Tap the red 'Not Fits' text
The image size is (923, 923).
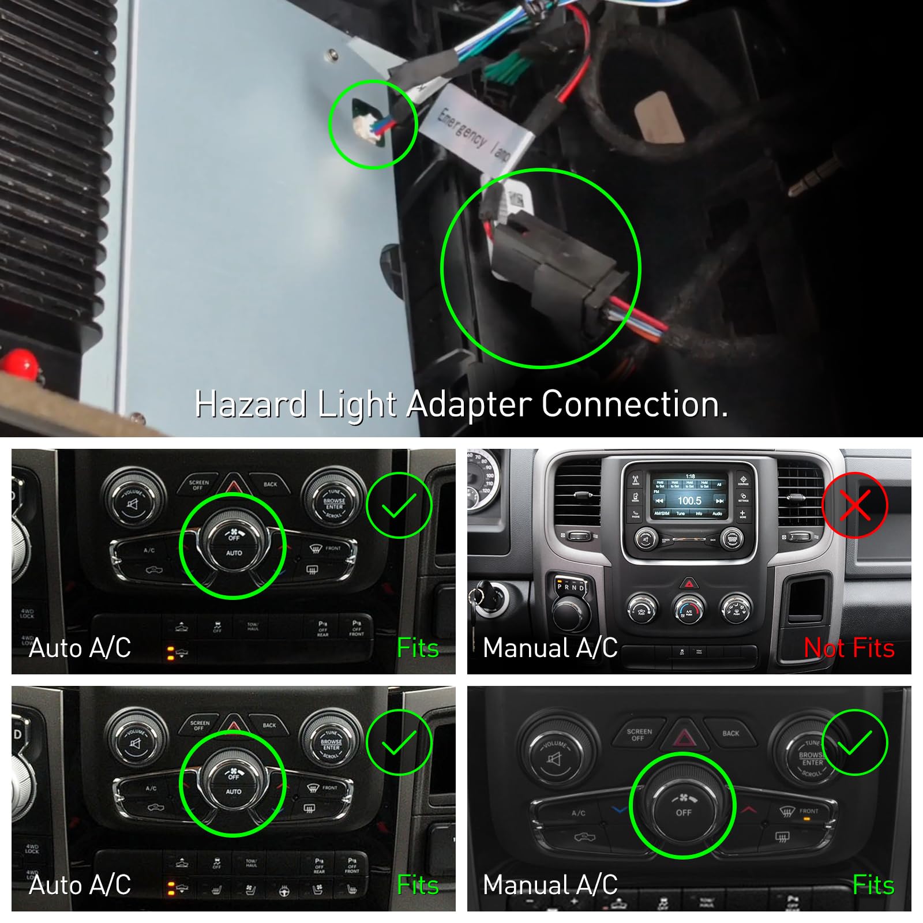[849, 648]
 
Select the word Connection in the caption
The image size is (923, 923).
[634, 404]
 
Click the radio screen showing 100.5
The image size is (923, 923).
[689, 496]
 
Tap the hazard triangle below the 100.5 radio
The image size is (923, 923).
[689, 583]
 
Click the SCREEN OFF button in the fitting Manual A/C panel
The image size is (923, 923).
[639, 734]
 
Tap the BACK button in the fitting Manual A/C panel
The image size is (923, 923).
[730, 733]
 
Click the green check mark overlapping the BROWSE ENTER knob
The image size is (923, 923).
[854, 742]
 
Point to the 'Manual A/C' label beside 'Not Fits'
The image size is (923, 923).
[550, 648]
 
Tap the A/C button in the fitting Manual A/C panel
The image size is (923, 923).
[578, 813]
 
